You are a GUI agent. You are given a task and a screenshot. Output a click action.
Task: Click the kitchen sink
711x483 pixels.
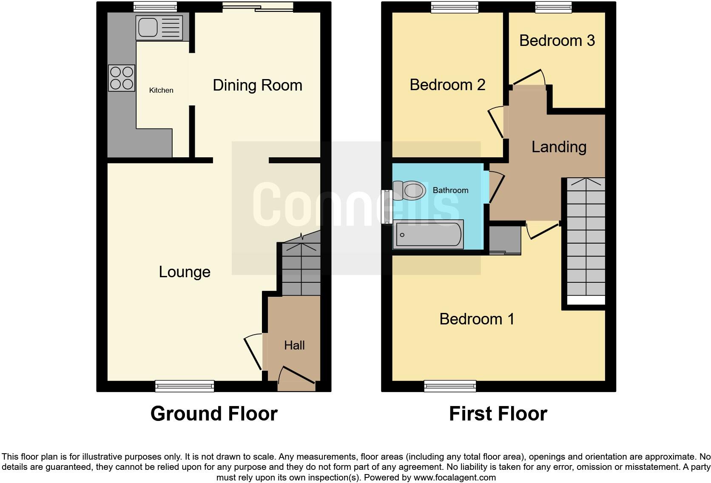pyautogui.click(x=159, y=28)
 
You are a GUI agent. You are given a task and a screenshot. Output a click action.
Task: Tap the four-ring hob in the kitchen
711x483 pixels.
pyautogui.click(x=122, y=78)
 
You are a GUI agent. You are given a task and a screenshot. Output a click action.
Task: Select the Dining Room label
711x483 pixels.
pyautogui.click(x=257, y=85)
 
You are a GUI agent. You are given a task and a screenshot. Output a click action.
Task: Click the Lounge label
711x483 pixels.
pyautogui.click(x=185, y=272)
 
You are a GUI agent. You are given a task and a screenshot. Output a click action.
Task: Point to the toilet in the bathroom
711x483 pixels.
pyautogui.click(x=409, y=190)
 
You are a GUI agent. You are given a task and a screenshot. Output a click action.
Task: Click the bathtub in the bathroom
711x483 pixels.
pyautogui.click(x=429, y=234)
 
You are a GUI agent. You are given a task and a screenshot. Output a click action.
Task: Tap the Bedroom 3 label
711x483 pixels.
pyautogui.click(x=557, y=40)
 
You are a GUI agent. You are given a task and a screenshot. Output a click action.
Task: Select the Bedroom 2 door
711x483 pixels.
pyautogui.click(x=496, y=122)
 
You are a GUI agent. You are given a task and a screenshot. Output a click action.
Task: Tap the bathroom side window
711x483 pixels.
pyautogui.click(x=387, y=207)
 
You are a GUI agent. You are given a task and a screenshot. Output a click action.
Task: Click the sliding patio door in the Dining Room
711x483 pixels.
pyautogui.click(x=258, y=7)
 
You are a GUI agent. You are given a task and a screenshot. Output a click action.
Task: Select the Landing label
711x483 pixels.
pyautogui.click(x=559, y=147)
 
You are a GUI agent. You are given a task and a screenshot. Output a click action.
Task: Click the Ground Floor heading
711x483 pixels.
pyautogui.click(x=214, y=414)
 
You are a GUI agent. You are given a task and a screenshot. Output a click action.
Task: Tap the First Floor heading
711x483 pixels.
pyautogui.click(x=498, y=414)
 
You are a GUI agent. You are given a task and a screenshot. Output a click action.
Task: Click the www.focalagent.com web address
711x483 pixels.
pyautogui.click(x=454, y=477)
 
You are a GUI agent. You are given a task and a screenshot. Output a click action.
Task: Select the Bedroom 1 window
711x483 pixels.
pyautogui.click(x=450, y=386)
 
